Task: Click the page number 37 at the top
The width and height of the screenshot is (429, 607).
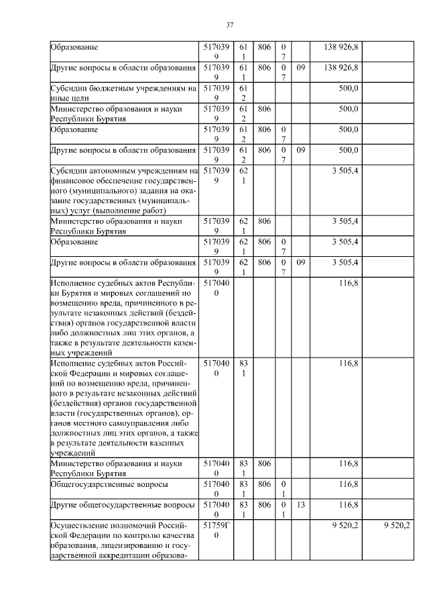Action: click(x=229, y=25)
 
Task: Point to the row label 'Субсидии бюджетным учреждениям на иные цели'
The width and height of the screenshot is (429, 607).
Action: click(x=123, y=93)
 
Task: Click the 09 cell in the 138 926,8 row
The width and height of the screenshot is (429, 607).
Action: click(x=301, y=68)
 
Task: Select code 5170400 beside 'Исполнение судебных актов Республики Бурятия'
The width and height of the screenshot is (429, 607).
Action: click(x=217, y=288)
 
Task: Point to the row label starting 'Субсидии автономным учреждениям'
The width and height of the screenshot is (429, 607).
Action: click(x=123, y=190)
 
